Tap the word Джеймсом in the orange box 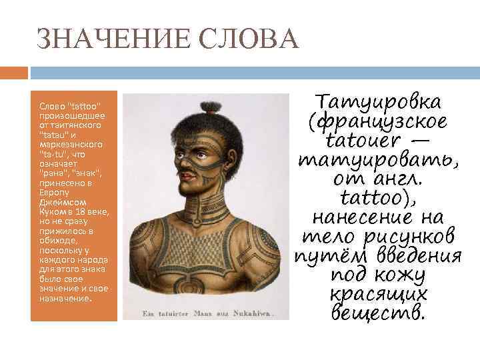point(59,201)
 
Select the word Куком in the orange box point(52,211)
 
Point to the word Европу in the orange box point(53,192)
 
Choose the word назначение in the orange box point(63,298)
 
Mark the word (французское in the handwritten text point(378,123)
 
